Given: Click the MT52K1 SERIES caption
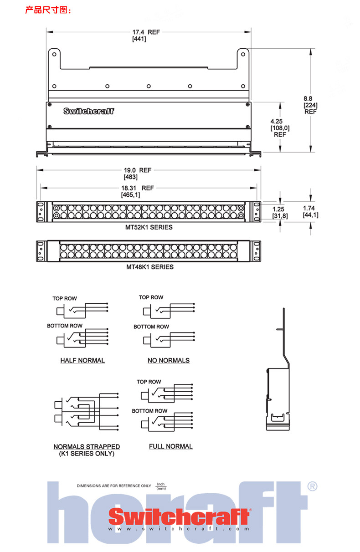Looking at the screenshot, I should (x=149, y=227).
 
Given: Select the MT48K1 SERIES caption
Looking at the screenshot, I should (x=149, y=267).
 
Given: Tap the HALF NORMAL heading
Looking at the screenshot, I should (x=82, y=361).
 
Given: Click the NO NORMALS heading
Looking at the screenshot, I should (x=169, y=361).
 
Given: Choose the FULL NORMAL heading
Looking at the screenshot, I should (x=170, y=447).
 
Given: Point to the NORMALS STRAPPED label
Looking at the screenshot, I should (x=87, y=447).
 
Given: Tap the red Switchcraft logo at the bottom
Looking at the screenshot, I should (x=179, y=517).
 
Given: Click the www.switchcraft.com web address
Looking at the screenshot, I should (x=179, y=529).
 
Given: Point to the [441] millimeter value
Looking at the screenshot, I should (x=139, y=40).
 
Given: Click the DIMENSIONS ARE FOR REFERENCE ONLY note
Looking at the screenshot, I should (x=113, y=486).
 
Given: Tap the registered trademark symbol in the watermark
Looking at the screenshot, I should (x=313, y=486).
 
